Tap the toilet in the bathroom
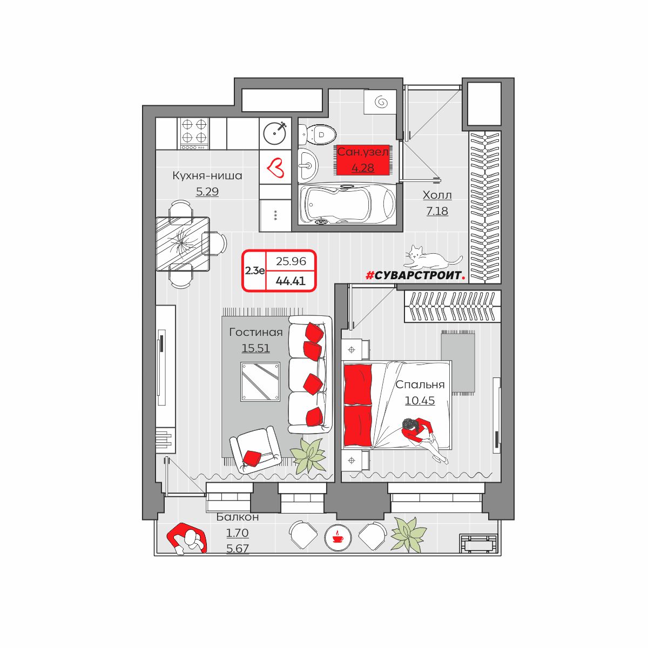pos(318,135)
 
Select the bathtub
pos(347,204)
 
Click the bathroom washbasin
pos(308,165)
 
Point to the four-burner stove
pos(193,133)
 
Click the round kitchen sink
pos(275,133)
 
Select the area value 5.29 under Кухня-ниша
pos(207,191)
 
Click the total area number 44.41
pos(291,281)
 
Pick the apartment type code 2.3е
pos(254,271)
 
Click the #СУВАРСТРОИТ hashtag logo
pos(415,276)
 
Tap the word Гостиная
pos(255,332)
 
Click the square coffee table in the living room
pos(260,382)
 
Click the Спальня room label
pos(420,384)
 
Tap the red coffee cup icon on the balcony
pos(337,538)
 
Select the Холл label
pos(437,195)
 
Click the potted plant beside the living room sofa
pos(308,456)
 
